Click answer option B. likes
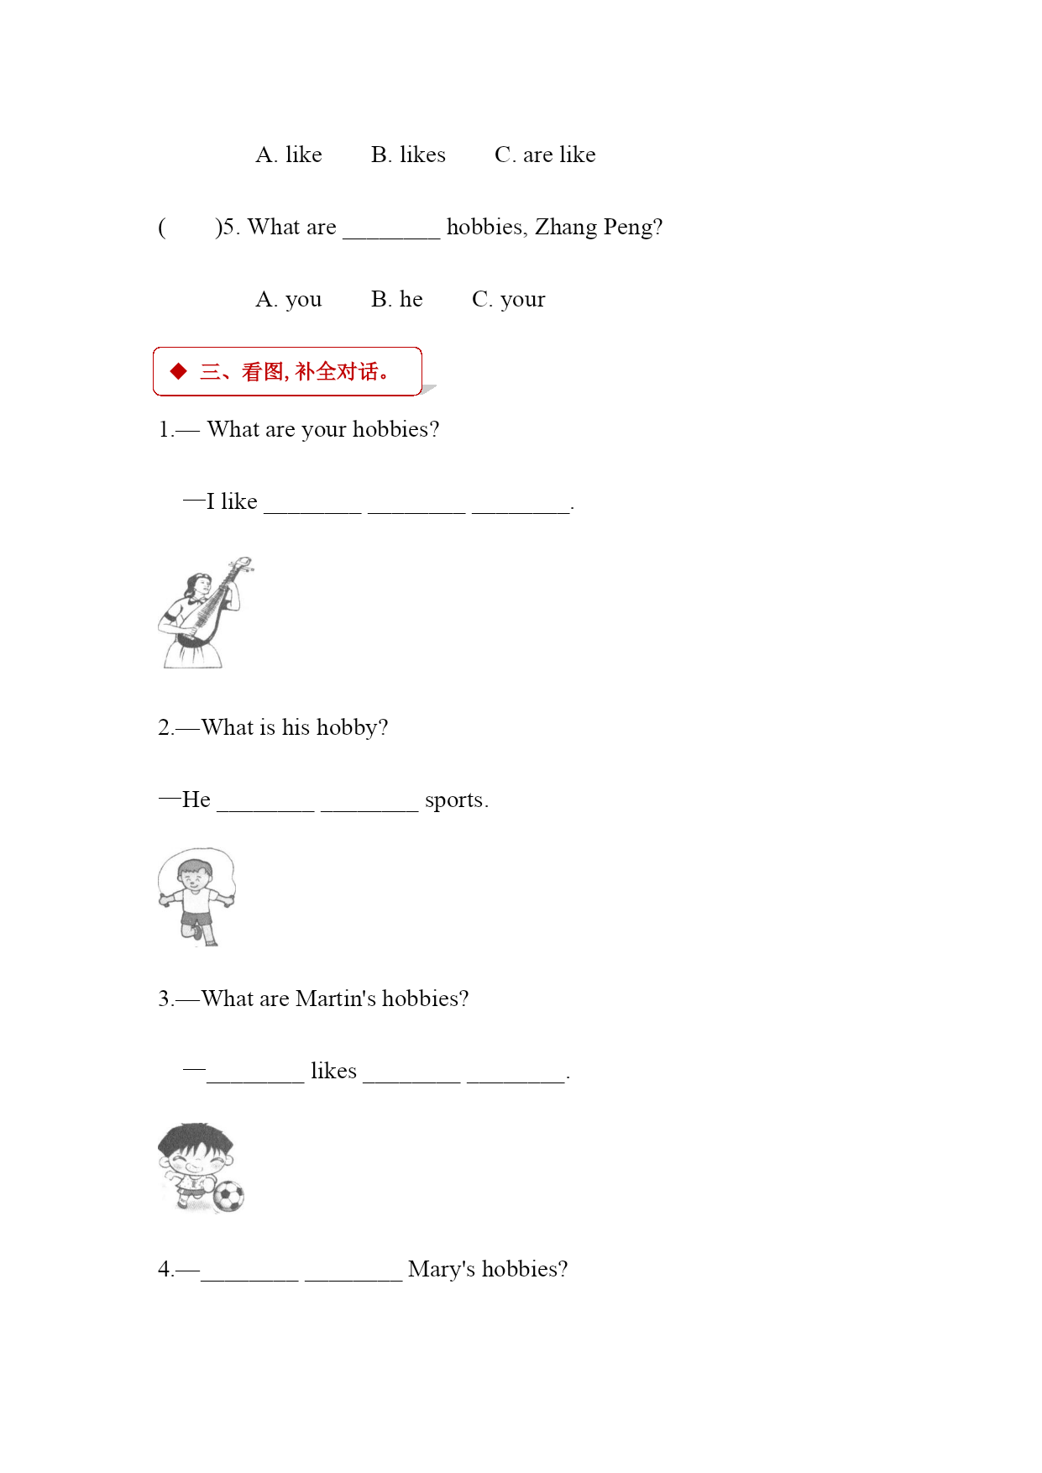click(x=408, y=155)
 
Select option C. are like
click(x=545, y=155)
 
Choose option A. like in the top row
click(x=289, y=155)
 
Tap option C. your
click(x=509, y=300)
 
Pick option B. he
click(x=397, y=299)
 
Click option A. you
click(x=289, y=300)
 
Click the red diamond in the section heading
click(x=178, y=371)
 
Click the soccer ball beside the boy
click(x=228, y=1197)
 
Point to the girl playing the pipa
click(x=205, y=612)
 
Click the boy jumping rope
click(x=196, y=897)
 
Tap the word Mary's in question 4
click(x=442, y=1270)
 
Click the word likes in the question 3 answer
click(x=333, y=1071)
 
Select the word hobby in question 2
click(x=352, y=728)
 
